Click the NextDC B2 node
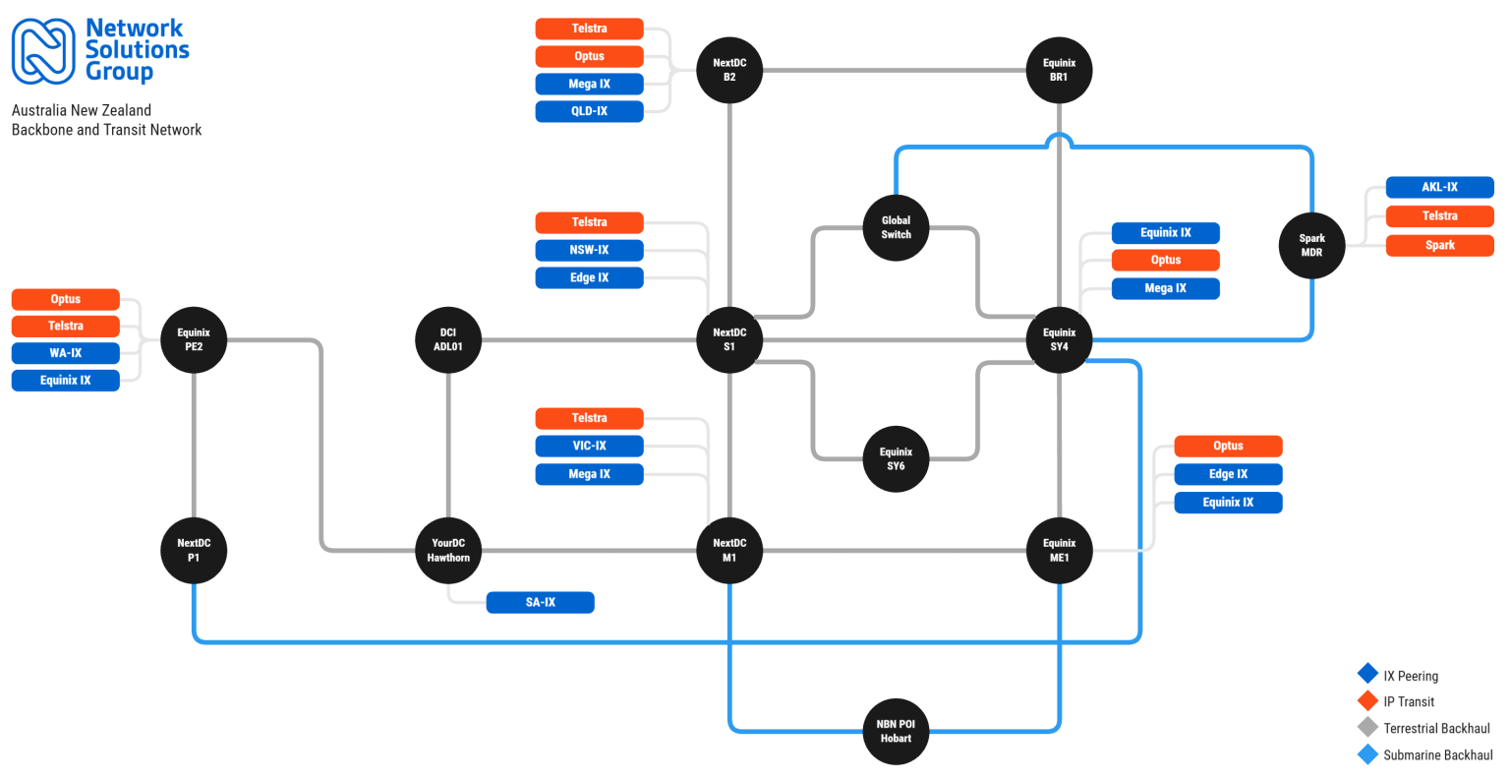pos(729,70)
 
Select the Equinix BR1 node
pos(1059,70)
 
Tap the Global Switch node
pos(896,227)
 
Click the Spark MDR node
pos(1311,245)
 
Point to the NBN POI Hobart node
pos(896,731)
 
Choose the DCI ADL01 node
pos(448,339)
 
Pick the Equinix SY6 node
pos(896,458)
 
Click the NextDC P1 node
pos(194,550)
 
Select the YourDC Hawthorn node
pos(448,550)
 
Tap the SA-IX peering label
pos(540,602)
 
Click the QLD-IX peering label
pos(589,111)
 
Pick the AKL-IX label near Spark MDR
pos(1439,187)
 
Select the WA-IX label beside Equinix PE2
pos(65,353)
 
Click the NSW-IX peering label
pos(589,250)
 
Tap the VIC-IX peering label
pos(589,446)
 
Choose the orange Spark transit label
pos(1439,245)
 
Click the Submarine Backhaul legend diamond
pos(1367,754)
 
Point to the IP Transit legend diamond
pos(1367,700)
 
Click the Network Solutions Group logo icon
pos(43,51)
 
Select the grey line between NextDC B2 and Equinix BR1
pos(895,70)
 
